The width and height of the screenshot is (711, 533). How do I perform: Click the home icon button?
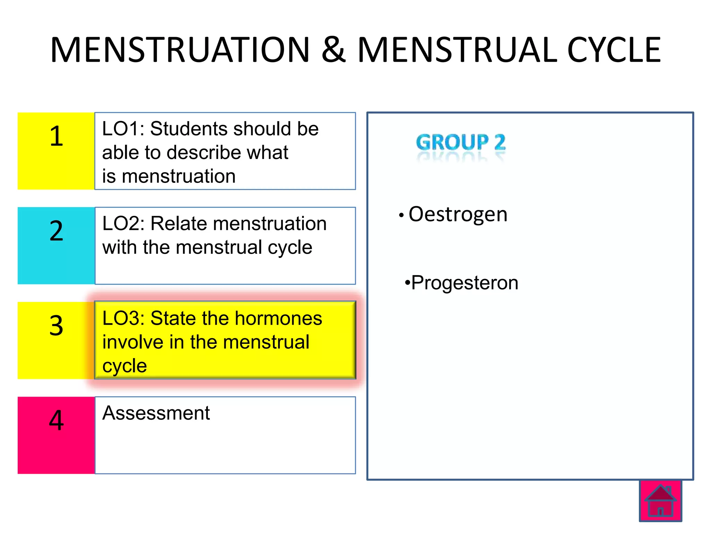click(x=660, y=501)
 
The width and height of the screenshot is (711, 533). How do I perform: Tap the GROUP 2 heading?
click(x=461, y=142)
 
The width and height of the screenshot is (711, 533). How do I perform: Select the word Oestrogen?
click(x=458, y=214)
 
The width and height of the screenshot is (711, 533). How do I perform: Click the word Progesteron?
click(x=465, y=282)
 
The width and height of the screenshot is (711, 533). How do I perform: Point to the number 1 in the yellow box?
click(x=56, y=136)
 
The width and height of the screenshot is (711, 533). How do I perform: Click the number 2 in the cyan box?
click(x=56, y=231)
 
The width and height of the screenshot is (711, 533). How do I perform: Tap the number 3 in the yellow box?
click(x=56, y=325)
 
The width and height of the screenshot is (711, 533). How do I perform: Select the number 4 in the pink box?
click(x=56, y=420)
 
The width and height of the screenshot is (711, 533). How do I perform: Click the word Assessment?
click(x=156, y=413)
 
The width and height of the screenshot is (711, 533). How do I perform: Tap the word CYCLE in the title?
click(x=614, y=50)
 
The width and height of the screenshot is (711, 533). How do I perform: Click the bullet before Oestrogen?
click(x=401, y=215)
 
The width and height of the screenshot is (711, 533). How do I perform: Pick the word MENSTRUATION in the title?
click(x=180, y=50)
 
